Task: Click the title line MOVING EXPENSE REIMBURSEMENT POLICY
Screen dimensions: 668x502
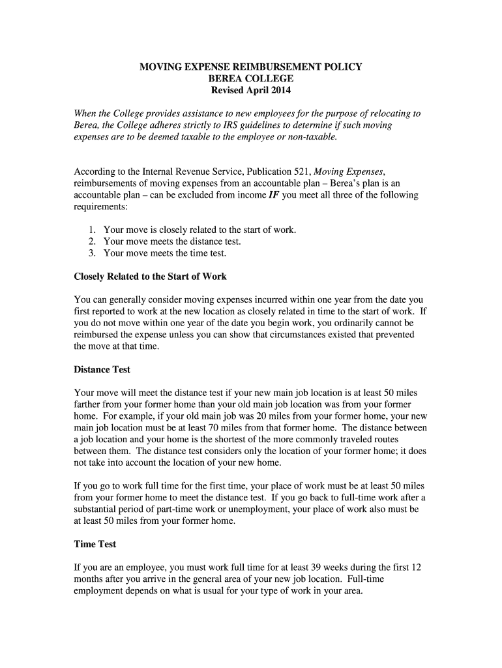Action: (x=251, y=67)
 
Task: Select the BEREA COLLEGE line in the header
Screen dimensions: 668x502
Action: (x=251, y=78)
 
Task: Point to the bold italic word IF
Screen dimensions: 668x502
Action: (x=274, y=195)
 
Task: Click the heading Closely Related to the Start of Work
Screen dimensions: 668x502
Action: (x=151, y=277)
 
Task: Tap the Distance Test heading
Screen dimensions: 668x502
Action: (x=102, y=369)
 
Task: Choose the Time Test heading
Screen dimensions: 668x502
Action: (x=95, y=544)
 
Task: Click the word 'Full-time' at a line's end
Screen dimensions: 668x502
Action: (x=399, y=579)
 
